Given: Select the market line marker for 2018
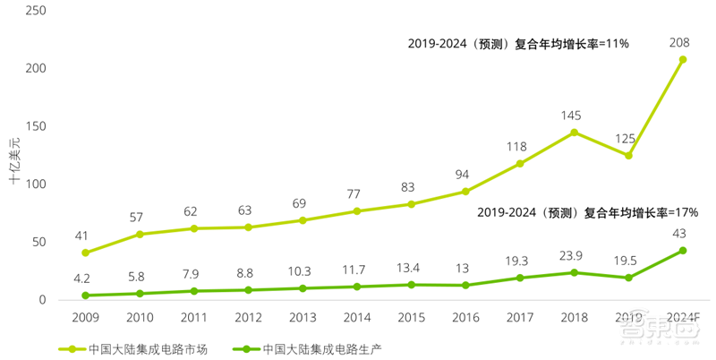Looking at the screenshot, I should [574, 133].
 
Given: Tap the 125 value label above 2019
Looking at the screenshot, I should [628, 138].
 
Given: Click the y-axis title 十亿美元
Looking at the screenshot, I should [15, 161].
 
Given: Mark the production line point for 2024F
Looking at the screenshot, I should [682, 251].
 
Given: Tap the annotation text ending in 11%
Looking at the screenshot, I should [519, 42].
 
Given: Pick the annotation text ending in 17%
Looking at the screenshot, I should [586, 213].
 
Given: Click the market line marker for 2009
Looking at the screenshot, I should [85, 253].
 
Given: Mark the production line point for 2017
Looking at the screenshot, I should [519, 278].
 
